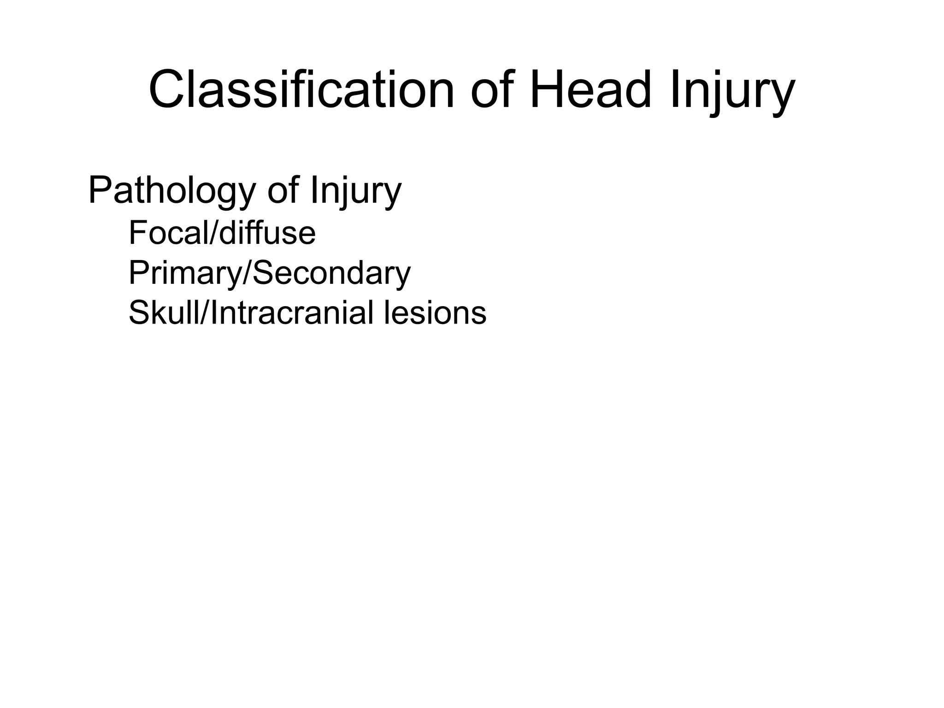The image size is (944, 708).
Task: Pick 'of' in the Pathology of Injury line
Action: pyautogui.click(x=282, y=190)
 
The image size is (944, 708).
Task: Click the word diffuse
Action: pyautogui.click(x=267, y=233)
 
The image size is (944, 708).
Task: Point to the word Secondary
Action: pyautogui.click(x=331, y=273)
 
